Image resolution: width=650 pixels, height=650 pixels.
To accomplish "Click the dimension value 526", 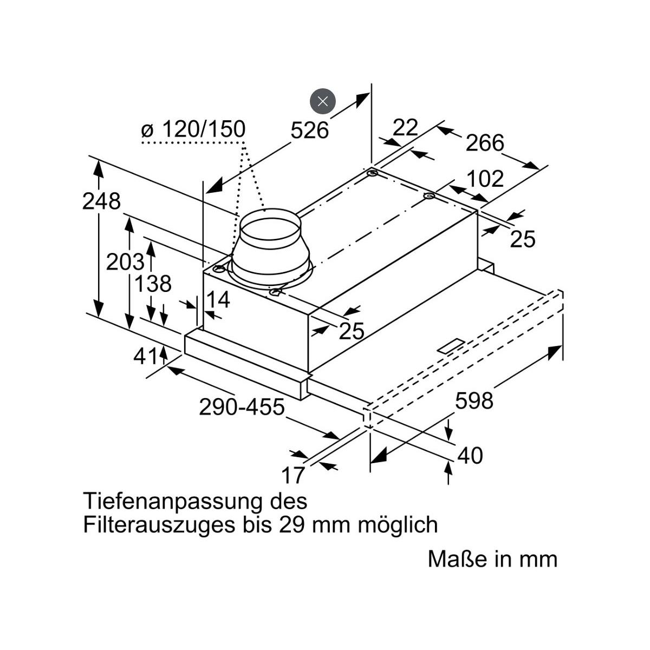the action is click(x=309, y=130).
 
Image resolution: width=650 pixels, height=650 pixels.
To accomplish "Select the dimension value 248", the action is click(x=101, y=201).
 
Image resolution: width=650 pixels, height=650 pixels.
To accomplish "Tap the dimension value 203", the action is click(x=125, y=262).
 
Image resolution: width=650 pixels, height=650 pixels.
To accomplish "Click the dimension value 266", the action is click(x=485, y=142).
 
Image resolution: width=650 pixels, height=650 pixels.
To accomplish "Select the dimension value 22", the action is click(x=406, y=127).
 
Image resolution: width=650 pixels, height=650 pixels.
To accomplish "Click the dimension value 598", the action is click(x=474, y=401).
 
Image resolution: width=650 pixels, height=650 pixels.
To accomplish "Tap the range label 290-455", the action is click(x=242, y=407).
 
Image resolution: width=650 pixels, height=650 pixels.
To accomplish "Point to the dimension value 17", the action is click(x=293, y=475).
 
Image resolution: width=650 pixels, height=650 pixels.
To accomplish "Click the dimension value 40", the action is click(x=470, y=455).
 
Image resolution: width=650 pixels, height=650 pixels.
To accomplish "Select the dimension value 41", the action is click(x=146, y=356).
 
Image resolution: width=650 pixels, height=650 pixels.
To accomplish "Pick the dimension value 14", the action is click(x=218, y=299).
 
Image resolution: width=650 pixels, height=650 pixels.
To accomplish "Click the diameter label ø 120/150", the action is click(x=193, y=129).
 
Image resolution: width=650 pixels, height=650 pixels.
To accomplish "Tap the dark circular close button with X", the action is click(x=323, y=101).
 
